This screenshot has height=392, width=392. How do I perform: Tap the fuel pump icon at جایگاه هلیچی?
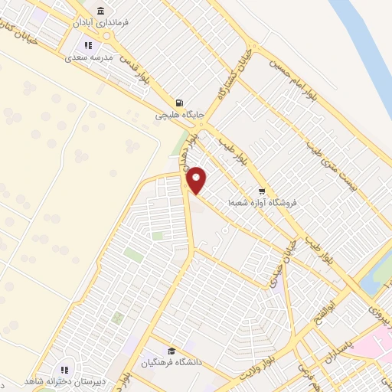point(179,103)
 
